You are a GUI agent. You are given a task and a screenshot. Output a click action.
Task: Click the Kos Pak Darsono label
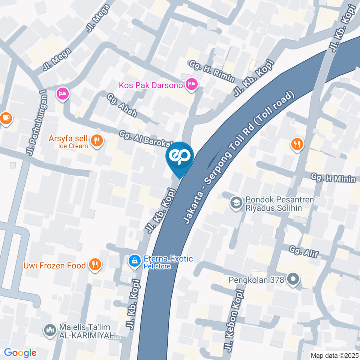click(151, 85)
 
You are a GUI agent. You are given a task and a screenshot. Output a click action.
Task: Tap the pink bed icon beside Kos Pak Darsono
click(192, 84)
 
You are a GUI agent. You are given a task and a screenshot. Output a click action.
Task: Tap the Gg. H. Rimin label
click(212, 71)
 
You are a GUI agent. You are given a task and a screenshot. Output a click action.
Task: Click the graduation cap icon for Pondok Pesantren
click(236, 203)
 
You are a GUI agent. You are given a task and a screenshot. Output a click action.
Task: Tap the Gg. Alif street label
click(304, 251)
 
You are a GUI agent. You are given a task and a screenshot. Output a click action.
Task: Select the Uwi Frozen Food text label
click(54, 266)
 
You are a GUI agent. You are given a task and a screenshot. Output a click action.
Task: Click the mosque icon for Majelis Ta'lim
click(50, 330)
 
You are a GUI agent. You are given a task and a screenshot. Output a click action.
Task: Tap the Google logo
click(20, 352)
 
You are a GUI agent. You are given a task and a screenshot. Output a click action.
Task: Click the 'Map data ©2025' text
click(334, 355)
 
